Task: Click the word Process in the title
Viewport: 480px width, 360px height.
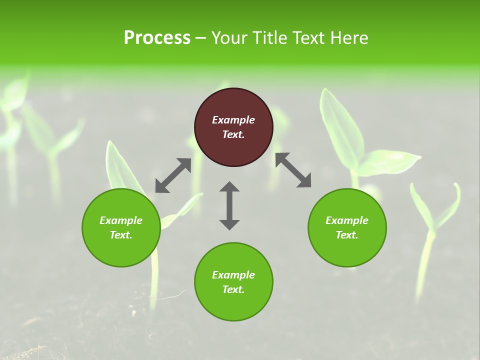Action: coord(157,38)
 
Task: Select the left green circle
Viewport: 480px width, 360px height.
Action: coord(121,245)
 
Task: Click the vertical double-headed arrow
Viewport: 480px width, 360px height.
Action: coord(229,205)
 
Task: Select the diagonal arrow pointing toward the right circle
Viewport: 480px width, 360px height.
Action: coord(293,170)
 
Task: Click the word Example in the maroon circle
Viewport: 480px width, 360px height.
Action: coord(233,120)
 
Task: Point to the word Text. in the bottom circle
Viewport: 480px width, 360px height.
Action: coord(233,289)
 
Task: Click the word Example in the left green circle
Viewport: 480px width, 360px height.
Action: coord(121,220)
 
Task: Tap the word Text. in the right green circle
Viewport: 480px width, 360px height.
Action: coord(347,235)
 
